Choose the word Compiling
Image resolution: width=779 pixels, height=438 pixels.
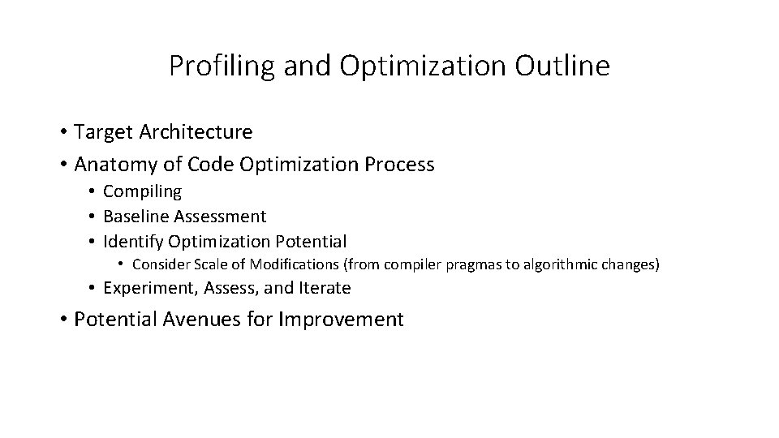(143, 191)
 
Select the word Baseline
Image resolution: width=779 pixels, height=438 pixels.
(136, 217)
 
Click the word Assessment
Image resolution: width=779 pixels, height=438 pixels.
(219, 217)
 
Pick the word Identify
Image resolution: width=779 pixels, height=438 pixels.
(132, 242)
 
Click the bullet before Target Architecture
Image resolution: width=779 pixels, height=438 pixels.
(62, 131)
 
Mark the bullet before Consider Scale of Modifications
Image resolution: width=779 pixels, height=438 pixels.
(120, 264)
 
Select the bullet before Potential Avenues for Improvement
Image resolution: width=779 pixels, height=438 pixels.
(62, 320)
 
